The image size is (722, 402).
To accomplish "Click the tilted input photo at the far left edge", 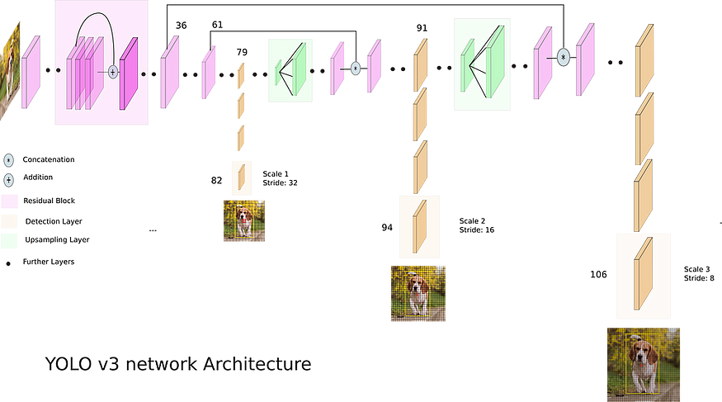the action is click(10, 70).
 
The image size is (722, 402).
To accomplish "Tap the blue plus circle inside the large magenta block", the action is click(113, 72).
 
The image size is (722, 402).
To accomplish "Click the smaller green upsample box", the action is click(290, 71).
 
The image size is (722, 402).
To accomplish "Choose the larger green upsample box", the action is click(482, 64).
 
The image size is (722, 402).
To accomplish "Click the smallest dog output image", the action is click(243, 220).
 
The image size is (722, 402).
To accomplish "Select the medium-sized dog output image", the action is click(418, 293).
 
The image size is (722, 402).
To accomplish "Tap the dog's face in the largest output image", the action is click(643, 356).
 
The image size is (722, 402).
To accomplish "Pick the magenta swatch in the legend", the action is click(9, 201).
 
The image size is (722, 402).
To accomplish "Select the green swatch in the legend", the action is click(9, 241).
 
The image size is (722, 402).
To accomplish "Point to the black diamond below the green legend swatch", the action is click(8, 264).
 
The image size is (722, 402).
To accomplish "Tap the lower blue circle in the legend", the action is click(9, 179).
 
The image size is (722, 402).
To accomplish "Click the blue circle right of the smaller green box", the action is click(356, 68).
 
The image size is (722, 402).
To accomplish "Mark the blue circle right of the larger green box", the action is click(564, 57).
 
